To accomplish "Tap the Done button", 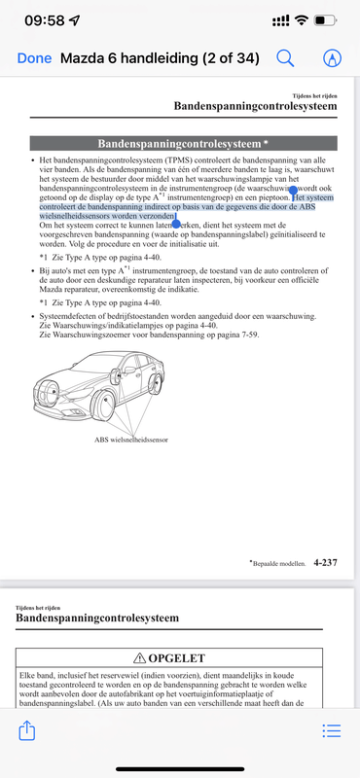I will click(x=34, y=58).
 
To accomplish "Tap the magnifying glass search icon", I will click(x=286, y=58).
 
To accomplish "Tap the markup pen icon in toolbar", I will click(x=333, y=58).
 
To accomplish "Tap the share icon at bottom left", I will click(x=27, y=729).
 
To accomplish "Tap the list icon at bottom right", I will click(x=332, y=729).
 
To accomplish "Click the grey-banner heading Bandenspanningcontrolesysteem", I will click(x=177, y=143).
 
